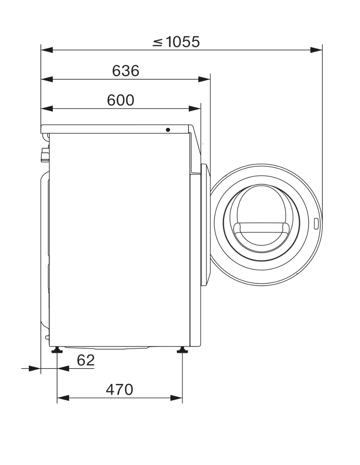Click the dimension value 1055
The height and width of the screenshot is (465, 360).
(x=183, y=42)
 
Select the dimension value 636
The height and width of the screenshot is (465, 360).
(x=125, y=71)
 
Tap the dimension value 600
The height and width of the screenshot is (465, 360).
(x=120, y=100)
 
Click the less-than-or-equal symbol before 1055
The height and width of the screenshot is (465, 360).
(x=158, y=42)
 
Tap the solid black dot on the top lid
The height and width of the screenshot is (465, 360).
(x=168, y=130)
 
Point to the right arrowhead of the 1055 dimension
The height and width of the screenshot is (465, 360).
(x=316, y=50)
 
